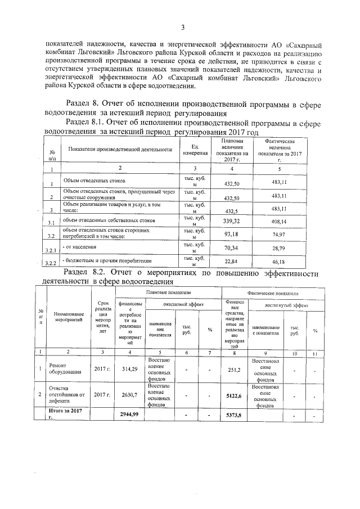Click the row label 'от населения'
(81, 247)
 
